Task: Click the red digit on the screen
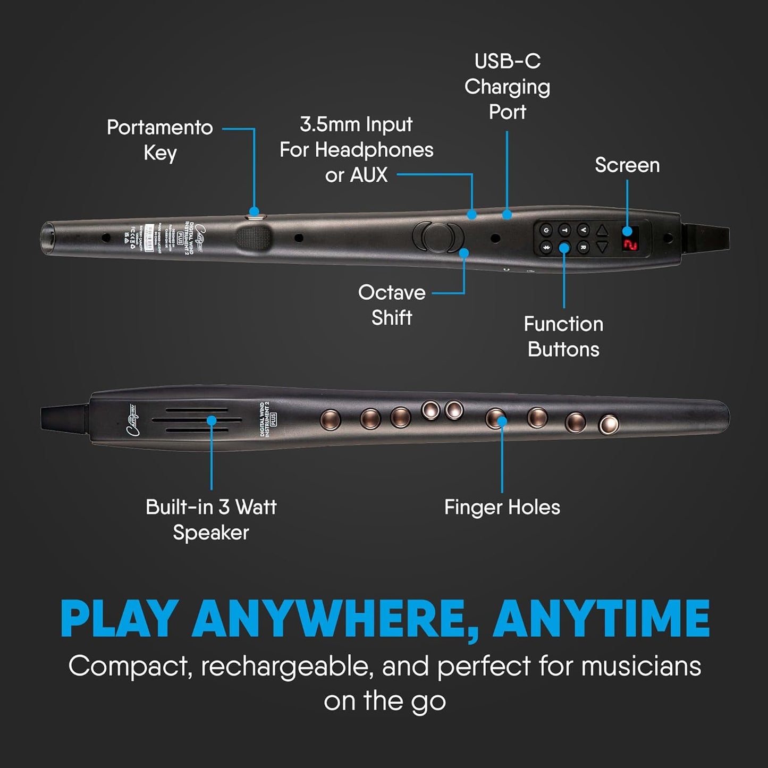tap(630, 243)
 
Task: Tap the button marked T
tap(564, 230)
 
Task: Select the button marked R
tap(583, 247)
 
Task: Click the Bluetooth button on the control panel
tap(546, 247)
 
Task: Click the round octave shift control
tap(438, 237)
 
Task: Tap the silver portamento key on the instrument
tap(255, 216)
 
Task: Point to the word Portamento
tap(159, 128)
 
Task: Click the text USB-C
tap(507, 62)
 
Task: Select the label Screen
tap(627, 165)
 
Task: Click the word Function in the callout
tap(563, 324)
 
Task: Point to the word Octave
tap(392, 293)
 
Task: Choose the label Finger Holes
tap(502, 508)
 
